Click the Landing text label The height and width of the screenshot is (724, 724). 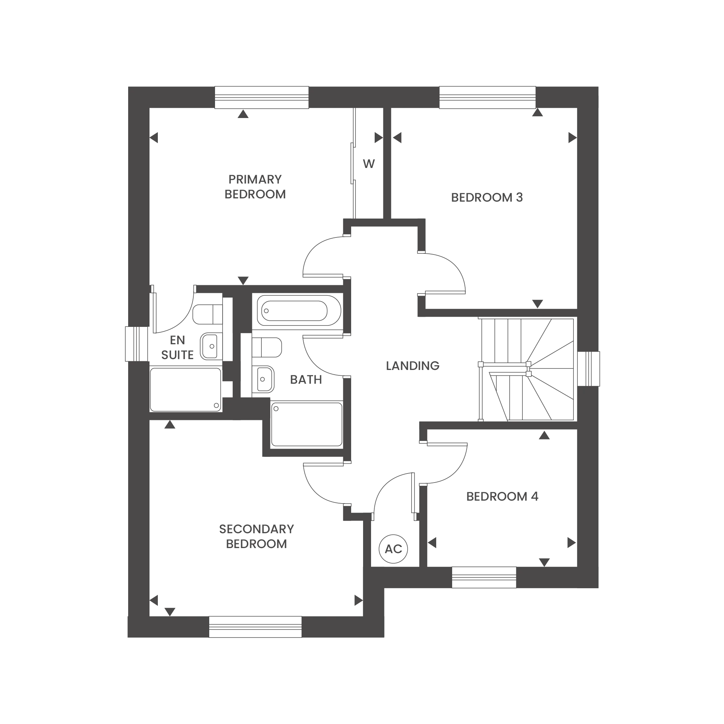click(412, 365)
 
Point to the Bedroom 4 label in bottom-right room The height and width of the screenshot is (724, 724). click(502, 496)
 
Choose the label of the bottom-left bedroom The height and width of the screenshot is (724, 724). click(256, 537)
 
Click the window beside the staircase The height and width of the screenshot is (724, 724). click(590, 369)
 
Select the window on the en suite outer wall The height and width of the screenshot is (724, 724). click(135, 343)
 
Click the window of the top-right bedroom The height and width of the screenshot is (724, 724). click(487, 97)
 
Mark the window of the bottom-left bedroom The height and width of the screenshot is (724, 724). click(256, 627)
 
